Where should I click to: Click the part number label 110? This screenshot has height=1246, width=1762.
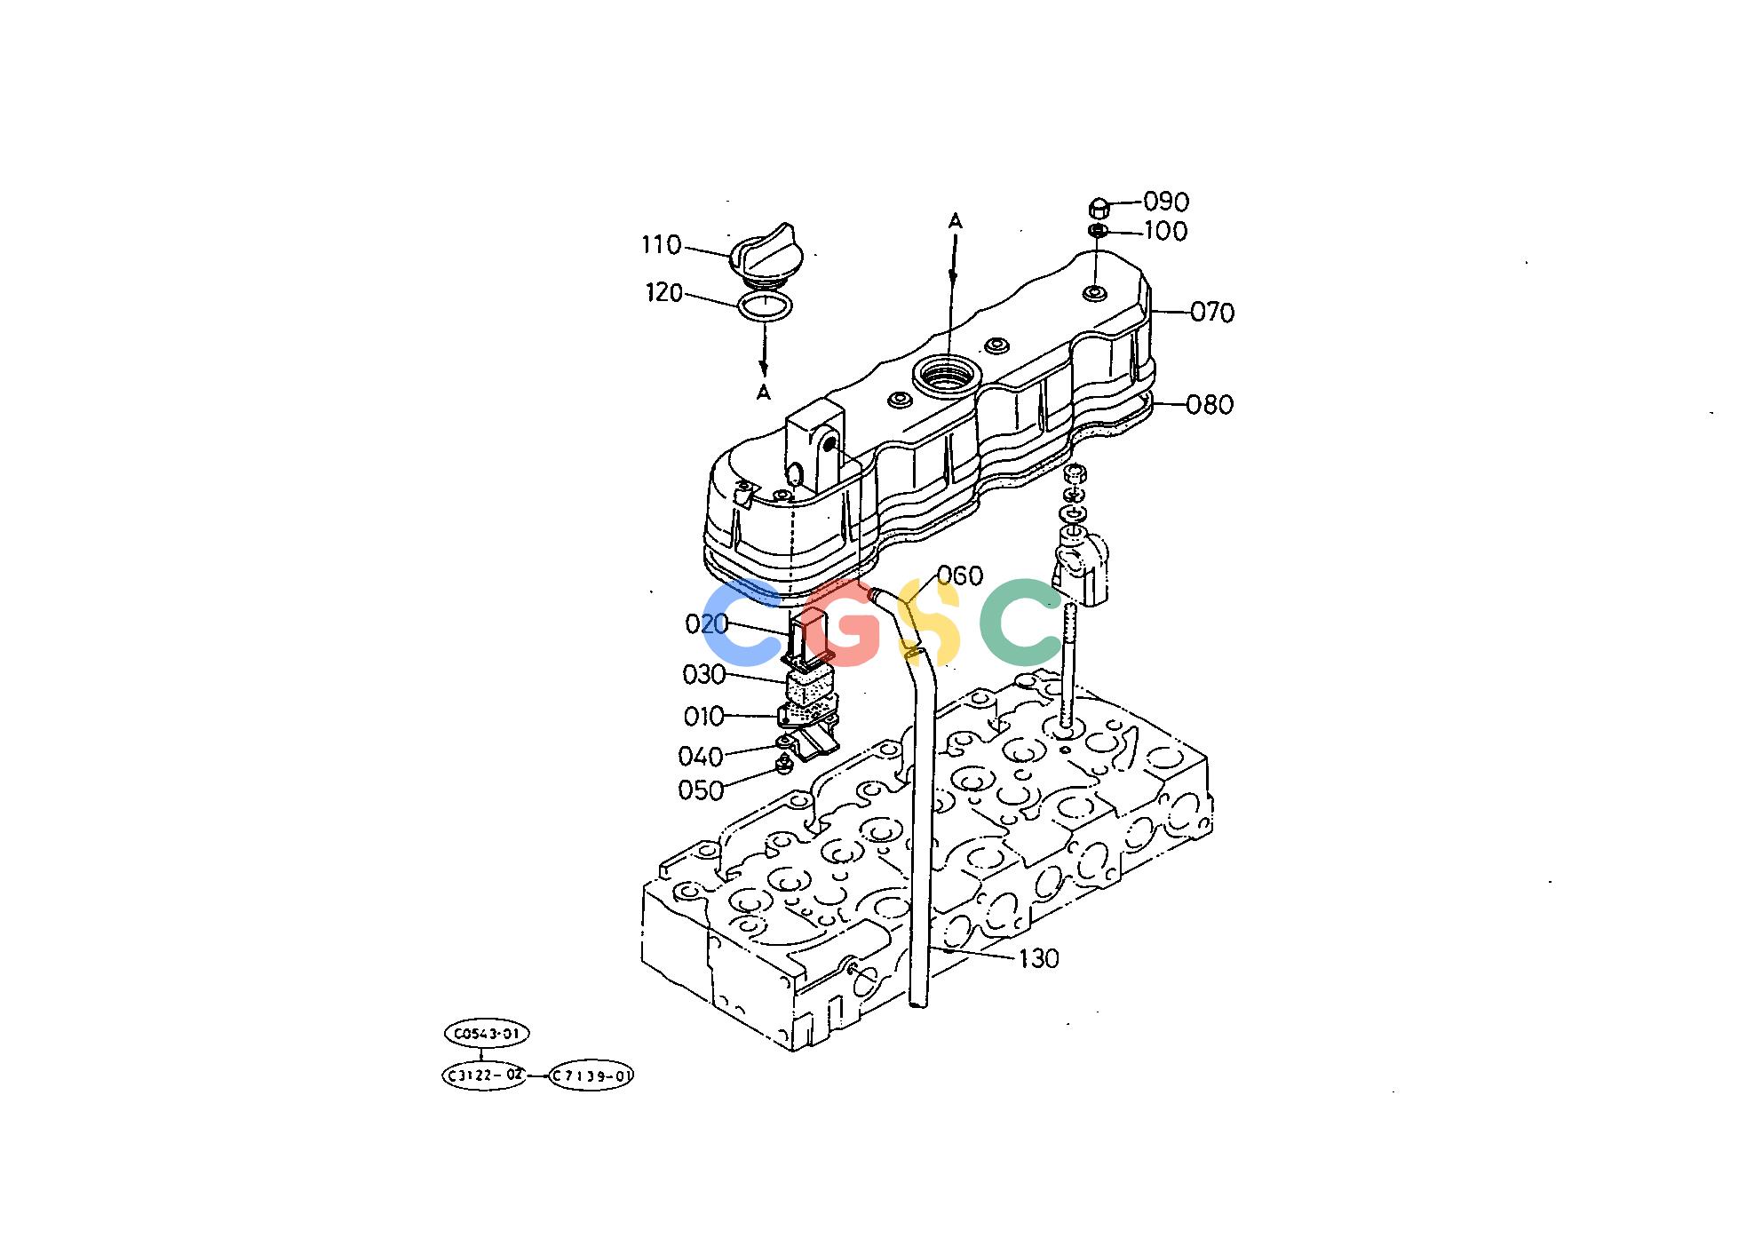662,245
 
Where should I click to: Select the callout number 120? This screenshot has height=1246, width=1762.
664,293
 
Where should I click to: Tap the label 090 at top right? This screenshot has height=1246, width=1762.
1166,202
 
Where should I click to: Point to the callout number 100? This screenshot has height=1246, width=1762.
1166,231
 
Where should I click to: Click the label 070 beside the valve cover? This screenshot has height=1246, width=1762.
1212,313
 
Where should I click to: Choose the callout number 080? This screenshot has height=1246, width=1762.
1210,405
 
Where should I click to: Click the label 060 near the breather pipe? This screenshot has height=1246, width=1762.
960,575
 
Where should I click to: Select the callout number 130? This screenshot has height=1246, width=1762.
1038,958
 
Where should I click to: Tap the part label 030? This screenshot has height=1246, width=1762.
704,675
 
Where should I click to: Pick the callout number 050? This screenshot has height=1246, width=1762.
701,790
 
